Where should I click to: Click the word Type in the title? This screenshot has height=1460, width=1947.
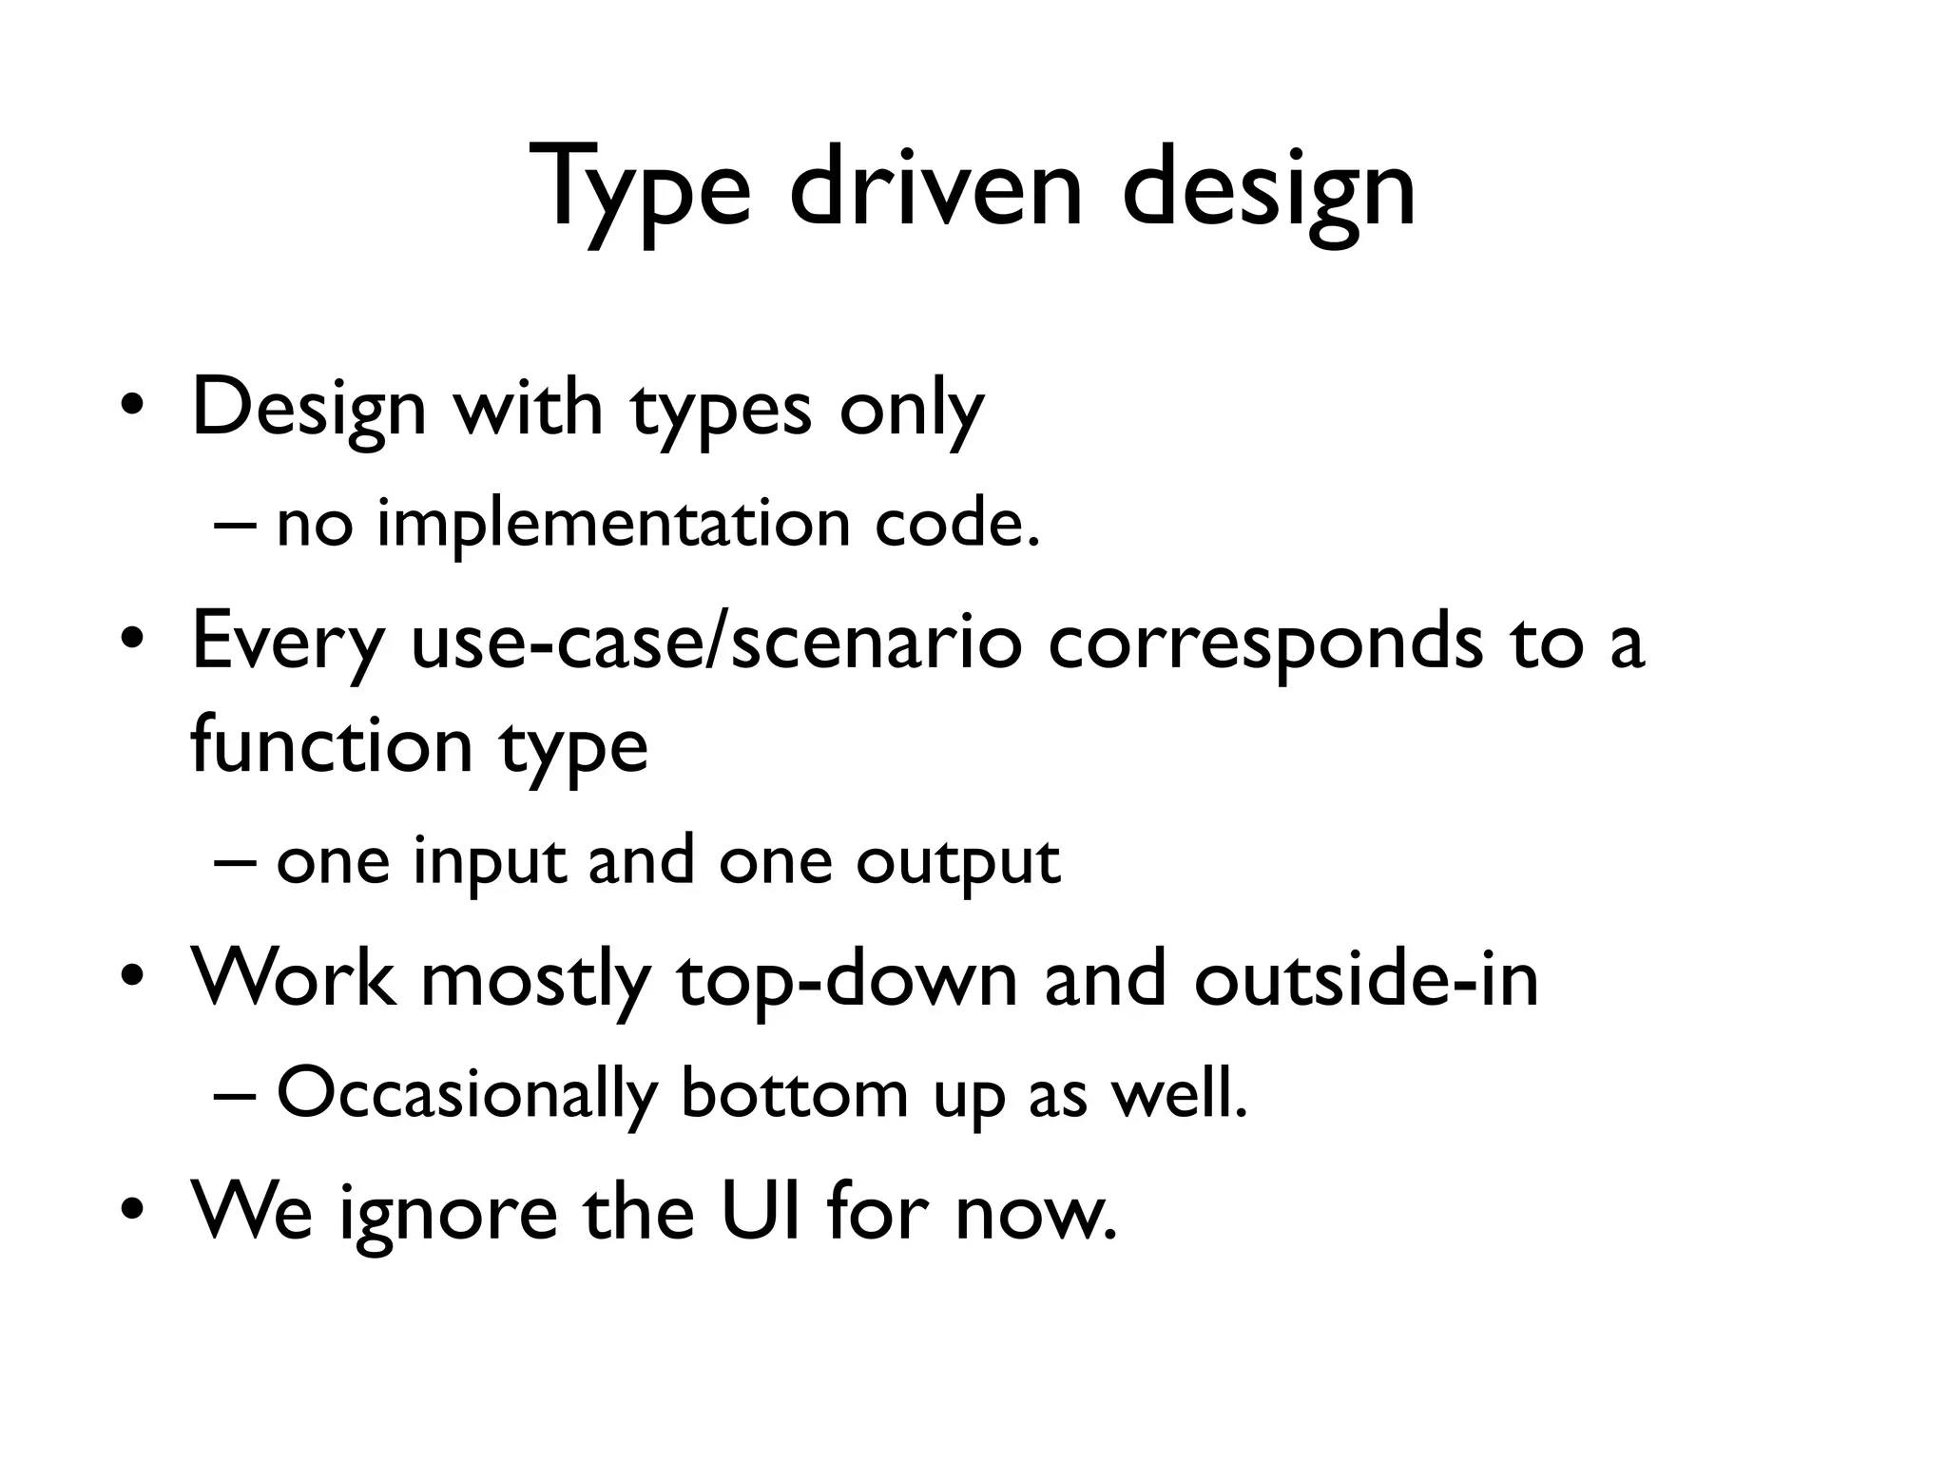[x=646, y=190]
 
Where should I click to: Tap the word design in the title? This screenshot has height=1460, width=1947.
[x=1269, y=190]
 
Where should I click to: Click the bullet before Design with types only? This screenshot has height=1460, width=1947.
[x=132, y=408]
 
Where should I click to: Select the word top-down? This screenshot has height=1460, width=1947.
[x=846, y=979]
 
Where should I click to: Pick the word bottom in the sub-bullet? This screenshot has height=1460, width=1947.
[x=795, y=1093]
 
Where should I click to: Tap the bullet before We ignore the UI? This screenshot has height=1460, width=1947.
[x=132, y=1211]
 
